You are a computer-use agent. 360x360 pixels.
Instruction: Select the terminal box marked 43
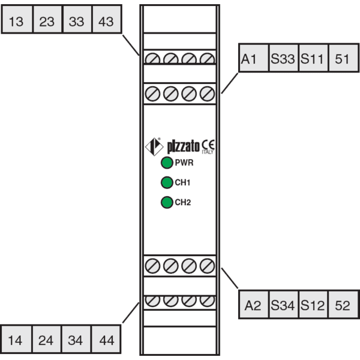point(107,19)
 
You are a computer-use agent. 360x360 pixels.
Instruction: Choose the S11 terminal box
point(314,58)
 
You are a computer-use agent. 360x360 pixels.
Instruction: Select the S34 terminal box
point(284,304)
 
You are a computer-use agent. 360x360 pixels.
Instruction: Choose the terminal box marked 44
point(106,339)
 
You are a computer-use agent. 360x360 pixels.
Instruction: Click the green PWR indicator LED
point(167,163)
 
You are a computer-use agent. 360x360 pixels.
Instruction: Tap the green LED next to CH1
point(167,182)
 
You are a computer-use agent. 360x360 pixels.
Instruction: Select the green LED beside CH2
point(167,202)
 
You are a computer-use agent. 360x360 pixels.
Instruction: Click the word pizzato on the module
point(183,146)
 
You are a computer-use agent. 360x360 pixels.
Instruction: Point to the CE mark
point(208,145)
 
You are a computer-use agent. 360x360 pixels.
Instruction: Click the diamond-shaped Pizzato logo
point(154,146)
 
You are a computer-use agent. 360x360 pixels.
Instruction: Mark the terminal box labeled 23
point(47,19)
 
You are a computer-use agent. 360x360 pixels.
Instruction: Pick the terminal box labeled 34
point(76,339)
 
